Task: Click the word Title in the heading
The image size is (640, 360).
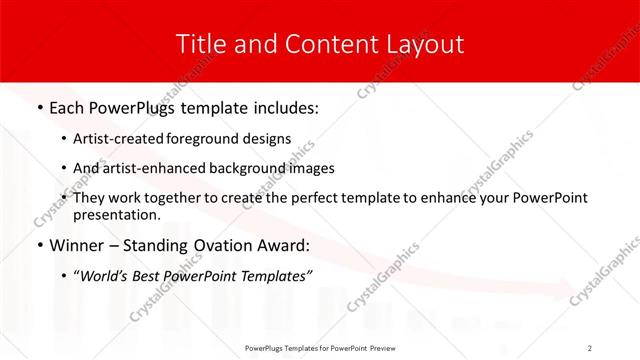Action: pyautogui.click(x=198, y=44)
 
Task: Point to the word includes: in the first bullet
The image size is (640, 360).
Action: pyautogui.click(x=283, y=107)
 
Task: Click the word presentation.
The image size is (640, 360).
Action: pyautogui.click(x=116, y=214)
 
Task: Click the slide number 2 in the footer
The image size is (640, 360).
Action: pyautogui.click(x=590, y=348)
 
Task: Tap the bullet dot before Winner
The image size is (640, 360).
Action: pyautogui.click(x=39, y=246)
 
